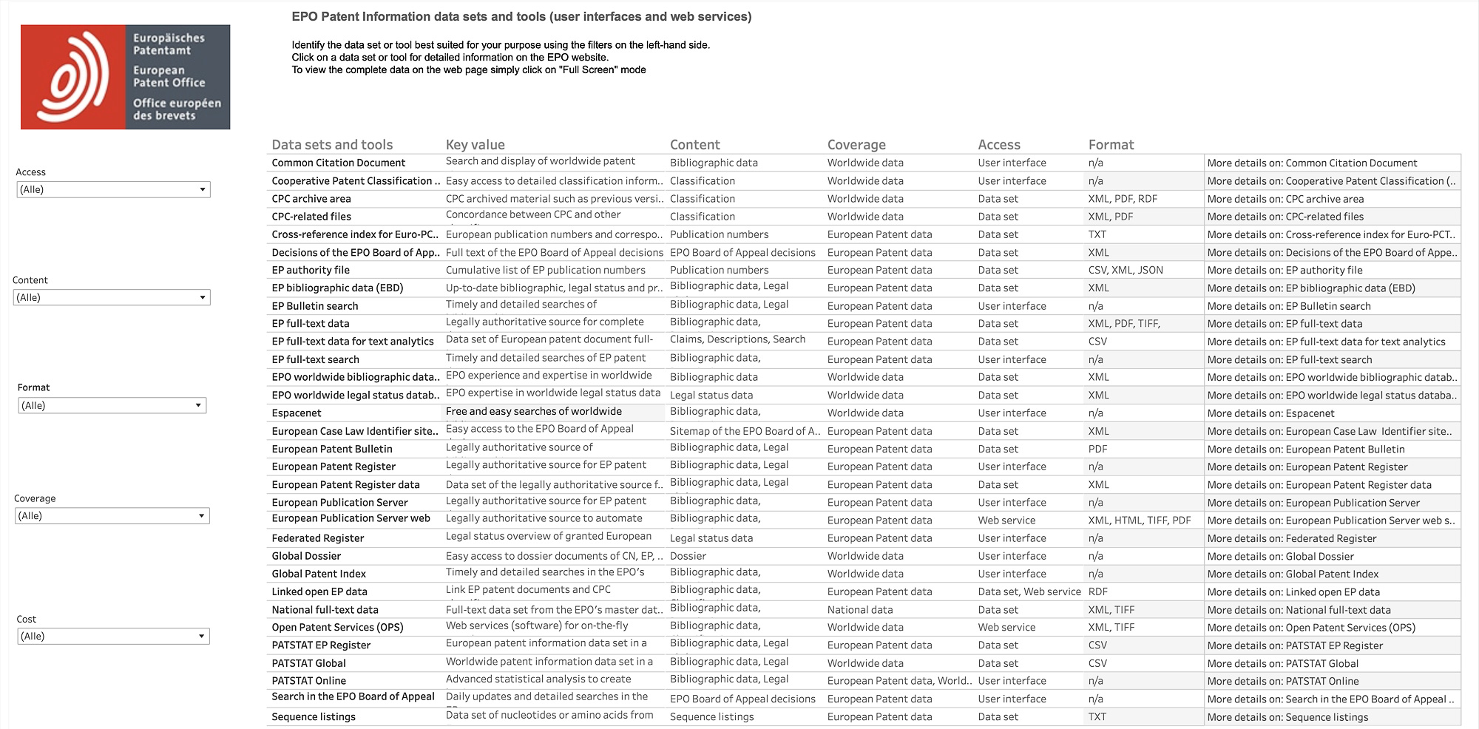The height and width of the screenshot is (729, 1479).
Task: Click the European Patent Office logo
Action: [125, 77]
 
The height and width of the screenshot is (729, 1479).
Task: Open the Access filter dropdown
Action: [113, 189]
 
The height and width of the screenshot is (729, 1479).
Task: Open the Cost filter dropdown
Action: [113, 636]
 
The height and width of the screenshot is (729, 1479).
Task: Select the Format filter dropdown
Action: [112, 405]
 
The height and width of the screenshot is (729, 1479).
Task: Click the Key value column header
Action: [475, 145]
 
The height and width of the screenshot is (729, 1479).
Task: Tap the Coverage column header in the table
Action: [856, 145]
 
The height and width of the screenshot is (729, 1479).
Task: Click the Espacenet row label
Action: [297, 413]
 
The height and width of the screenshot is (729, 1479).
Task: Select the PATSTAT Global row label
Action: [308, 663]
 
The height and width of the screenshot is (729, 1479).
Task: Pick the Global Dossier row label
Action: [306, 556]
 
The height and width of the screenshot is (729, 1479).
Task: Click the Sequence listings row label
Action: [314, 716]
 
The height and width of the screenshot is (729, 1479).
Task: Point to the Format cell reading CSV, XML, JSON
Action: [1125, 270]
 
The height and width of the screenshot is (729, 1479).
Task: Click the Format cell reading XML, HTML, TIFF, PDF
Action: [1139, 521]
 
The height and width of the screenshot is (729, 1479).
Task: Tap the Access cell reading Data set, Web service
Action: [1029, 591]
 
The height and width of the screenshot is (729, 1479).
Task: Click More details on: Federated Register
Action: [1291, 538]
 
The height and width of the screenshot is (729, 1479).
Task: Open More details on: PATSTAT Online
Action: [1282, 681]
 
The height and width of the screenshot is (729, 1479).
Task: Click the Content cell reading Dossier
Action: [688, 556]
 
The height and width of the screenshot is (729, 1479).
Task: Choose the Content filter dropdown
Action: [112, 297]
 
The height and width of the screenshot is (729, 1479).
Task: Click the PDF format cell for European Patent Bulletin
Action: [1097, 449]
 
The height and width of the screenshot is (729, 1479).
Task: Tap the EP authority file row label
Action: [311, 270]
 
